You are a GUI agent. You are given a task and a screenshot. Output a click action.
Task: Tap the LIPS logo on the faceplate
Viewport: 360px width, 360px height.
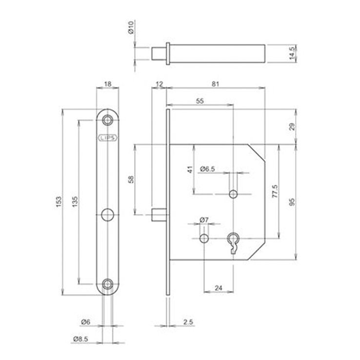click(x=108, y=138)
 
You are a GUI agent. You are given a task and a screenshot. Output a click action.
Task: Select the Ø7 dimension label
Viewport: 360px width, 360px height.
click(x=203, y=220)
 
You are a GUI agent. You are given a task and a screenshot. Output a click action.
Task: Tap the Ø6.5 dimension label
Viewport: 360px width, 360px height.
click(x=208, y=169)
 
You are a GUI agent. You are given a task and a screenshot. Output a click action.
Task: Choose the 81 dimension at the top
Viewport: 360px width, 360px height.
click(x=216, y=84)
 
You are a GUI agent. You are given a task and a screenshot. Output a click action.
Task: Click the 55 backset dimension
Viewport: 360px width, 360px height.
click(x=200, y=100)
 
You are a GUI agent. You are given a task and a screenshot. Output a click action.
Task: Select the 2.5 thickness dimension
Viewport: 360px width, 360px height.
click(x=188, y=322)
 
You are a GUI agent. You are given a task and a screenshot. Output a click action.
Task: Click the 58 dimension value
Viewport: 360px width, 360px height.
click(x=130, y=180)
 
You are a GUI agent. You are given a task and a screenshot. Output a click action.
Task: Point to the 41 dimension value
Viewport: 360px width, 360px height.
click(x=190, y=170)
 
